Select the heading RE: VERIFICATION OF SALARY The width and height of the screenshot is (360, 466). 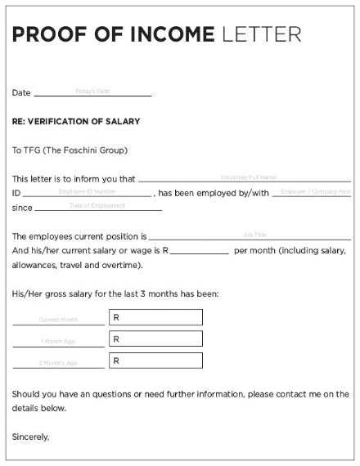click(76, 121)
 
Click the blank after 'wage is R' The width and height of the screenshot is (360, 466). click(200, 250)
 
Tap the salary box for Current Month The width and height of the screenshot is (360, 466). click(155, 317)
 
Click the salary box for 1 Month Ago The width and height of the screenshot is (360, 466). click(155, 338)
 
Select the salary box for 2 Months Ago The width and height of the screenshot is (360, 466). click(155, 360)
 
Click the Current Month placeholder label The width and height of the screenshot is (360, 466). click(59, 320)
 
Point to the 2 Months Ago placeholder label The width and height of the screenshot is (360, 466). click(59, 362)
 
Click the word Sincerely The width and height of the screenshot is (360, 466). click(30, 437)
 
